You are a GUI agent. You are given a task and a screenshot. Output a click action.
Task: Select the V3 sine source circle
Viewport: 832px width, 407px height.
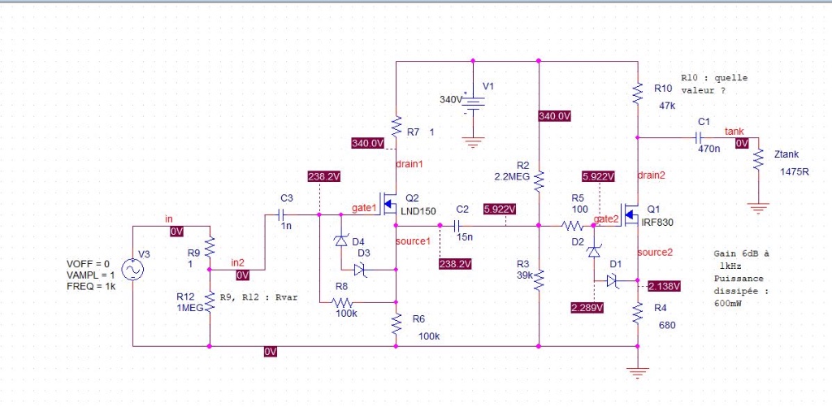132,270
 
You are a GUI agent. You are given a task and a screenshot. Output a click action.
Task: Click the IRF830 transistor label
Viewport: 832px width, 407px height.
657,223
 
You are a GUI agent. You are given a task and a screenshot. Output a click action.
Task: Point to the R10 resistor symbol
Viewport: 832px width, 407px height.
638,93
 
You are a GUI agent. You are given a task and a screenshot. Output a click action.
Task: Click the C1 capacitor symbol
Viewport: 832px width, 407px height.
699,137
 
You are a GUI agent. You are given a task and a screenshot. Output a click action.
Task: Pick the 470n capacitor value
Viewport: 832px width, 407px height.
708,149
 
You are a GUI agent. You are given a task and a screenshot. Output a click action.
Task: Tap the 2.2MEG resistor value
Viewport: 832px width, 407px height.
512,177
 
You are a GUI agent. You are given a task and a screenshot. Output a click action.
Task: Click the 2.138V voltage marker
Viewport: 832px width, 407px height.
664,287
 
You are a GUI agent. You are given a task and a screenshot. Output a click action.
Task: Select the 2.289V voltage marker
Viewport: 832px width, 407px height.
587,307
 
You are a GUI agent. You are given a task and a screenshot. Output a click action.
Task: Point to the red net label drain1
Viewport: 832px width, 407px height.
409,164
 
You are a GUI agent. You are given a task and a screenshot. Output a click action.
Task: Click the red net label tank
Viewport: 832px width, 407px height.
734,132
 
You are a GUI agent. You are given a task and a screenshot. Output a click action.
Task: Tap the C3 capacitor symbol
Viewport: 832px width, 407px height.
280,214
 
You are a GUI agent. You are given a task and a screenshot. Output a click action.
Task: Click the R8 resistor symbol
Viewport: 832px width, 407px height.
342,302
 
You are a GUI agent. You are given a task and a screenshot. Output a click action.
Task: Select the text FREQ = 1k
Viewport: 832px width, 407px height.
91,287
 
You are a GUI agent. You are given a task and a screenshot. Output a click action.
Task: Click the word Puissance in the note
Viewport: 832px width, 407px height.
739,279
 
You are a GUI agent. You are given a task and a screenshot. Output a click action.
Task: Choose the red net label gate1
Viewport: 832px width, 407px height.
365,208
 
